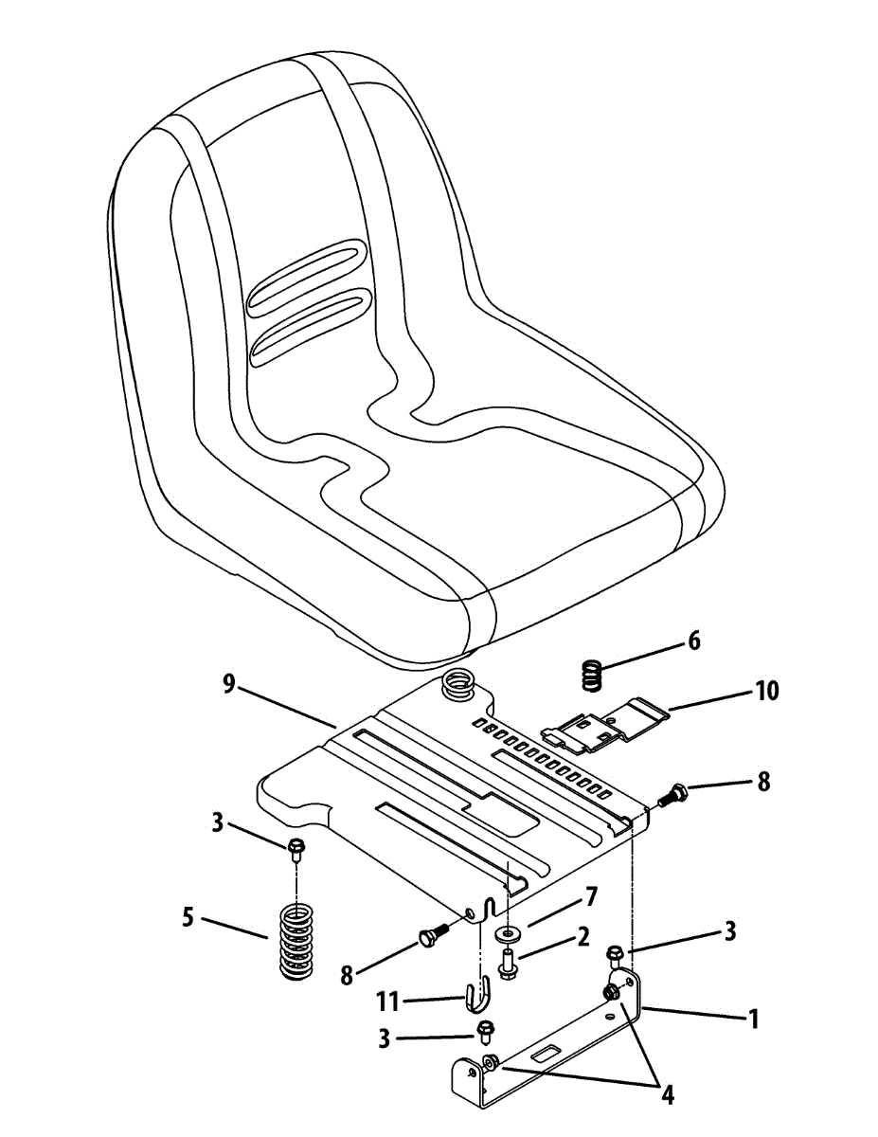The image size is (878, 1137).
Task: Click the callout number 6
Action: (x=694, y=641)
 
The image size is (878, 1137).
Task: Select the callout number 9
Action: (x=229, y=684)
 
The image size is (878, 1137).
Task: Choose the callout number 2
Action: (x=582, y=937)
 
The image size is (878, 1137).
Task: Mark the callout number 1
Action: (x=753, y=1019)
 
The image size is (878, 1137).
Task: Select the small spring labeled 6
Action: (x=591, y=675)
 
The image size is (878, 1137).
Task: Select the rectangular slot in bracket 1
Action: (x=548, y=1052)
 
